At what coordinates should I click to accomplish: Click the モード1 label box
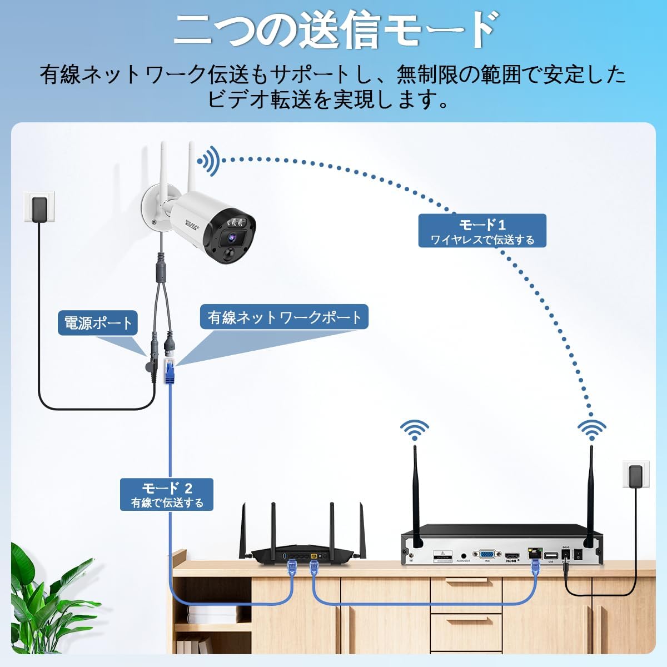(x=482, y=231)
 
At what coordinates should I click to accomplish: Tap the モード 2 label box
(x=167, y=495)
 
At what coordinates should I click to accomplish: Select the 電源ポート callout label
(x=98, y=323)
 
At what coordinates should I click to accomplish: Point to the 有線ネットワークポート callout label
(x=284, y=318)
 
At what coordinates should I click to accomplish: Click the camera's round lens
(x=228, y=238)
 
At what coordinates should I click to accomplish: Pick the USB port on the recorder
(x=551, y=555)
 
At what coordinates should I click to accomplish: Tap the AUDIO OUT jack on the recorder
(x=464, y=555)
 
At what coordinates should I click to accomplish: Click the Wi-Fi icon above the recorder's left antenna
(x=415, y=430)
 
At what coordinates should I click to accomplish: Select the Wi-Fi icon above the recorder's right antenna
(x=591, y=430)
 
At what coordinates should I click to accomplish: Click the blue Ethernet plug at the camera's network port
(x=169, y=371)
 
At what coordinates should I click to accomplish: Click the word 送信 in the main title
(x=340, y=31)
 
